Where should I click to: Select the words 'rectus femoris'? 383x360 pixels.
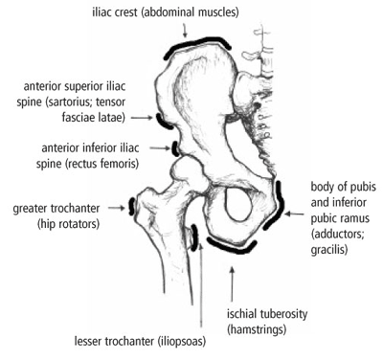pyautogui.click(x=91, y=164)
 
